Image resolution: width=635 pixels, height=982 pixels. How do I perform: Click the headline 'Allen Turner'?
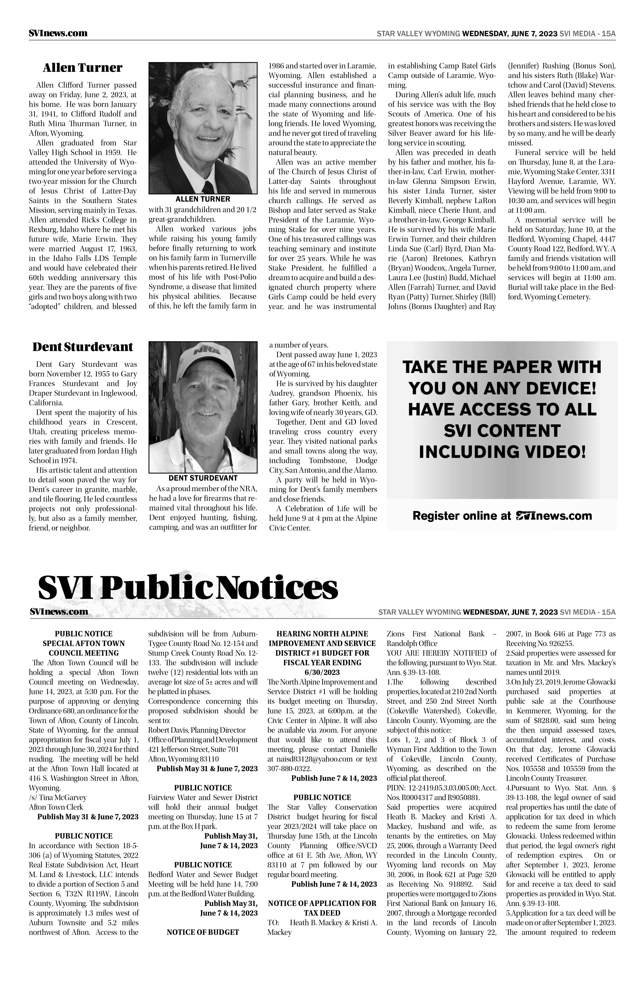pyautogui.click(x=83, y=68)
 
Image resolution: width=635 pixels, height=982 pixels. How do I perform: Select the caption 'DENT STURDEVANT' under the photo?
pyautogui.click(x=203, y=478)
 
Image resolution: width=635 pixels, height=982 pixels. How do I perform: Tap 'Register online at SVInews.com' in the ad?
pyautogui.click(x=502, y=516)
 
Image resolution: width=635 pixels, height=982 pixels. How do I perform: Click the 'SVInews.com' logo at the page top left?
pyautogui.click(x=58, y=34)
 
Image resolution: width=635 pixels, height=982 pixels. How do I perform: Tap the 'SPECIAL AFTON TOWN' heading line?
pyautogui.click(x=84, y=643)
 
